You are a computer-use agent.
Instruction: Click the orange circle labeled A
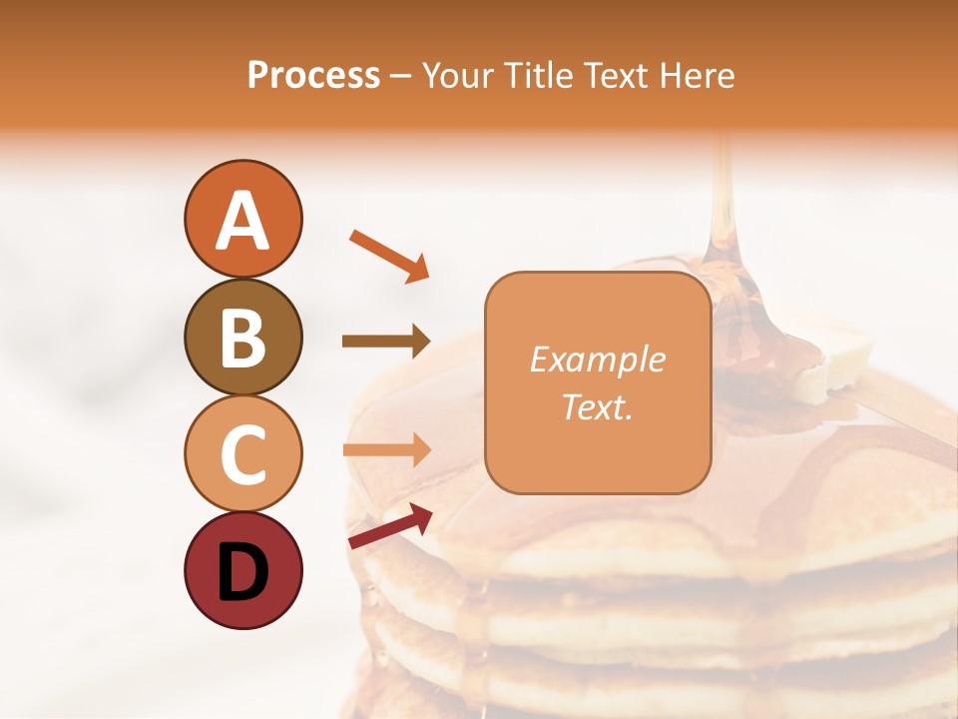(x=242, y=219)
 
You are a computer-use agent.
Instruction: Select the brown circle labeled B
(x=242, y=337)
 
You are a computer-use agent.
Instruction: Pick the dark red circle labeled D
(x=242, y=570)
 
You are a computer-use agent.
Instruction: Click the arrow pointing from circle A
(x=389, y=255)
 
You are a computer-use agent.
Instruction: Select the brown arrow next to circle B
(x=386, y=342)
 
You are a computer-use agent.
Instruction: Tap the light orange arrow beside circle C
(x=386, y=449)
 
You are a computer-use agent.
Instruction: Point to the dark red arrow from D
(x=389, y=526)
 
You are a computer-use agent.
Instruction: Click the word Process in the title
(x=313, y=75)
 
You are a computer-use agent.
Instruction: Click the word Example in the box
(x=597, y=359)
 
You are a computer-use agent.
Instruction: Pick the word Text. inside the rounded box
(x=597, y=406)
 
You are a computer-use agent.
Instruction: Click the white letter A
(x=242, y=221)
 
